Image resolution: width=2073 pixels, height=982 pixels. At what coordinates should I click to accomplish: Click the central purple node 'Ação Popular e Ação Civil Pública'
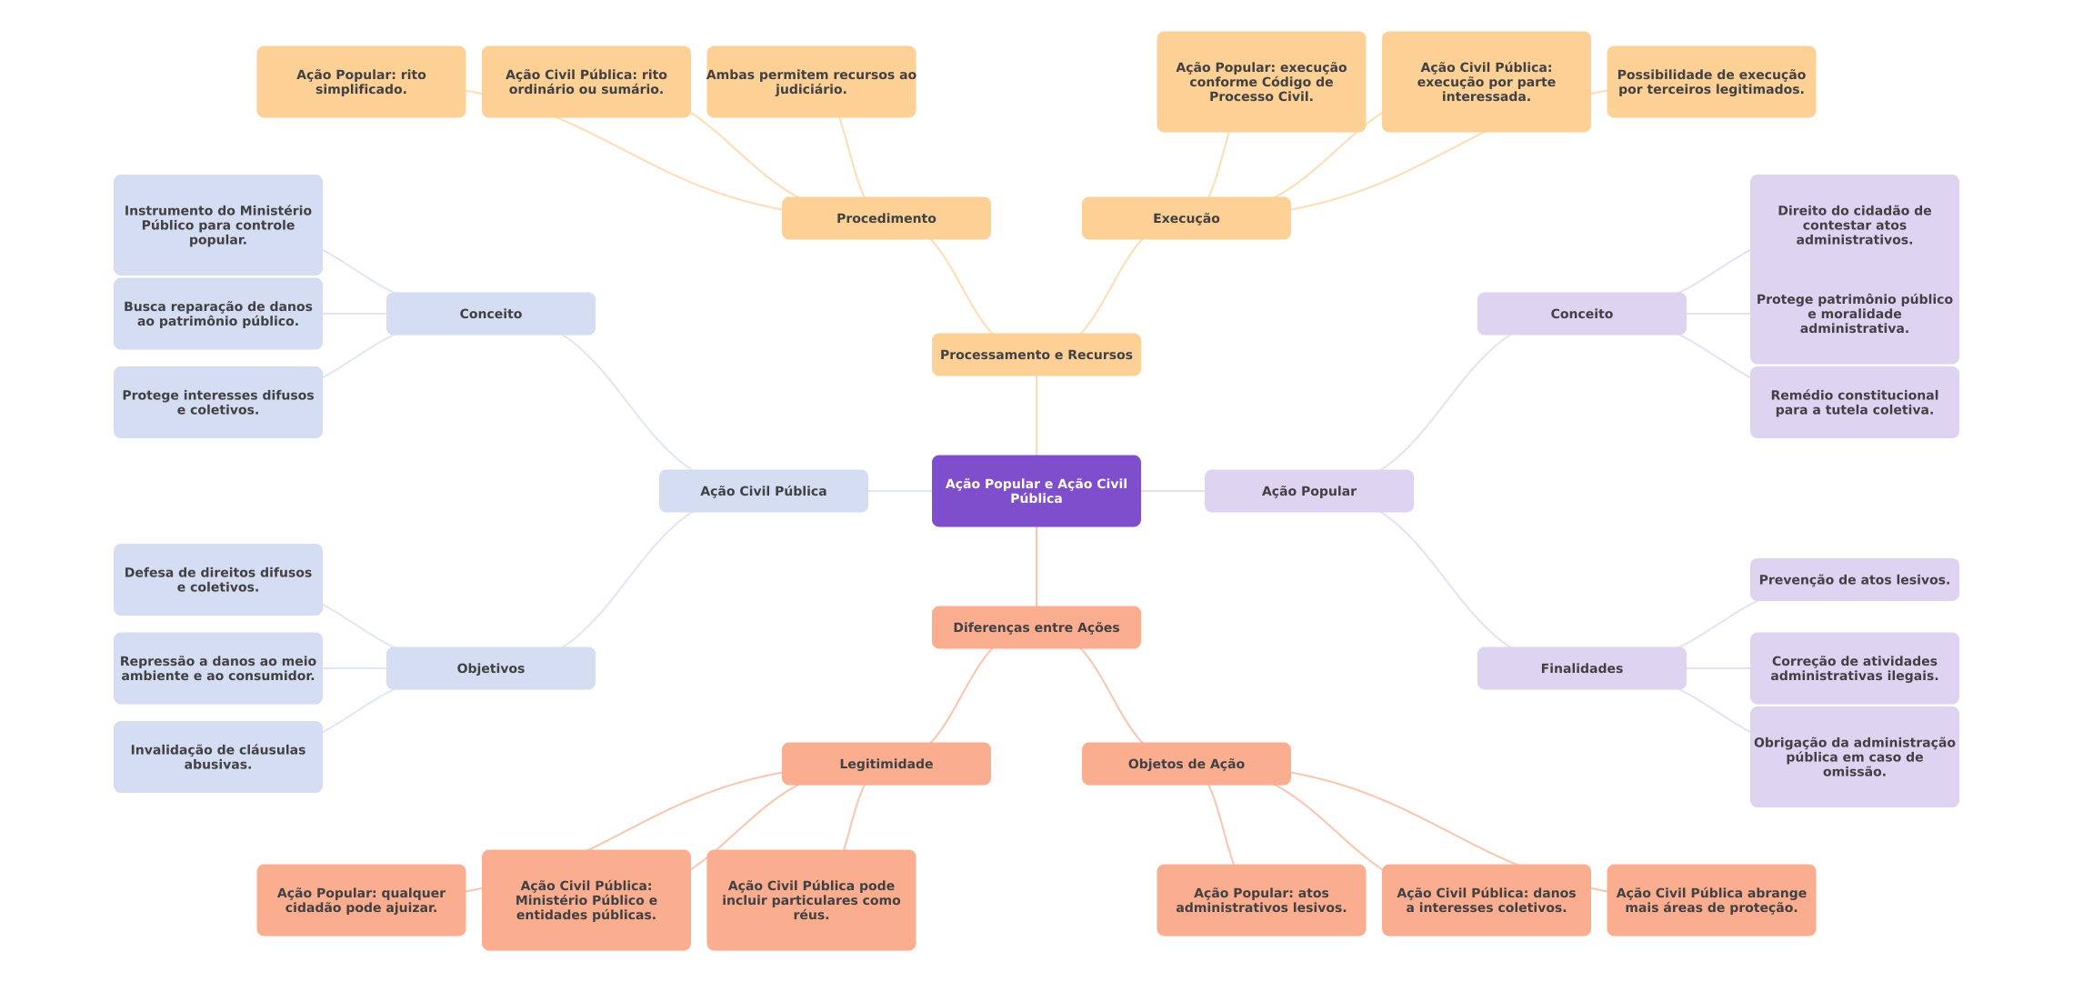pyautogui.click(x=1036, y=491)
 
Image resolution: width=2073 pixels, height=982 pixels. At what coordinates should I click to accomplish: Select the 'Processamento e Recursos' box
pyautogui.click(x=1036, y=355)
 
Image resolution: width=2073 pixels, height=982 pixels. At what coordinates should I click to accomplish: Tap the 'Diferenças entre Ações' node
pyautogui.click(x=1036, y=627)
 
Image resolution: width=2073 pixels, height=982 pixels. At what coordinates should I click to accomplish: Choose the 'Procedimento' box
pyautogui.click(x=886, y=218)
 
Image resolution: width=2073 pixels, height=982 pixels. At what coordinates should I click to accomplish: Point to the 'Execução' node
pyautogui.click(x=1186, y=218)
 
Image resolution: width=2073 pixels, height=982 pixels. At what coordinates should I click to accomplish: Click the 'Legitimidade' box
pyautogui.click(x=886, y=764)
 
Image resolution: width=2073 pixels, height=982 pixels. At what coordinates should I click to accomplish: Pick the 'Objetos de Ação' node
pyautogui.click(x=1186, y=764)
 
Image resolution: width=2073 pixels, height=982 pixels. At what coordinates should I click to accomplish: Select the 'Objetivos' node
pyautogui.click(x=490, y=668)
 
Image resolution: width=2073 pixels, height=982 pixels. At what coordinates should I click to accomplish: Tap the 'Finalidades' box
pyautogui.click(x=1581, y=668)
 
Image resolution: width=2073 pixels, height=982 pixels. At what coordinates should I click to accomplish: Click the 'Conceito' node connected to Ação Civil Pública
pyautogui.click(x=490, y=314)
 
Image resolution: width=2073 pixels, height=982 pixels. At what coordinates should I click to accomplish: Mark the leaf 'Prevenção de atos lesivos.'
pyautogui.click(x=1854, y=580)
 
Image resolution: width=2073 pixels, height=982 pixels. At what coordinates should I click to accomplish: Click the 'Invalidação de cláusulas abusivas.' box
pyautogui.click(x=217, y=757)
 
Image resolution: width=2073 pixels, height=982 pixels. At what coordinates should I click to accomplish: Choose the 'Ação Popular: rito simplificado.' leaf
pyautogui.click(x=361, y=82)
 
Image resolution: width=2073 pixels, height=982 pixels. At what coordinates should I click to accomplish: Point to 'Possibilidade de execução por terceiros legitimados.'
pyautogui.click(x=1711, y=82)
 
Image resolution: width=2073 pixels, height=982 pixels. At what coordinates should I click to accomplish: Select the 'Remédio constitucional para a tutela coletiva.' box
pyautogui.click(x=1854, y=402)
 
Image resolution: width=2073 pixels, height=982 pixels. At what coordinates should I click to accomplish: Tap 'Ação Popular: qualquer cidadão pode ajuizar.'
pyautogui.click(x=361, y=900)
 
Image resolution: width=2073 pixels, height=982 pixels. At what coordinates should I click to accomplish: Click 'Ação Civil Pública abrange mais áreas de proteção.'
pyautogui.click(x=1711, y=900)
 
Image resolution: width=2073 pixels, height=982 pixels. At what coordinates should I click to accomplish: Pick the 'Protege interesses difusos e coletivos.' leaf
pyautogui.click(x=217, y=402)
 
